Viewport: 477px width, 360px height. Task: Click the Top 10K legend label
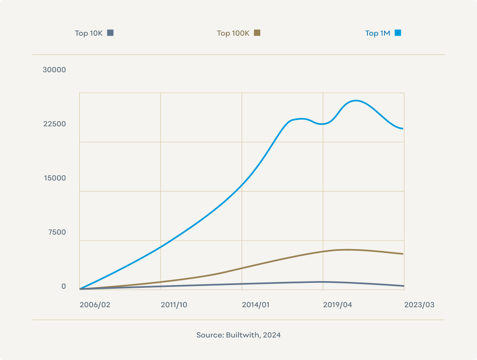point(89,33)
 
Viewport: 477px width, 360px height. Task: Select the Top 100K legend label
point(233,33)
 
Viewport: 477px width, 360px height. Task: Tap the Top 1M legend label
point(377,33)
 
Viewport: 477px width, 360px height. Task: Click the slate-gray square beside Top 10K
point(110,33)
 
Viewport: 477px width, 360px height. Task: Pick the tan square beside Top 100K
point(257,33)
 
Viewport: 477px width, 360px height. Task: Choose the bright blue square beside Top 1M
point(398,33)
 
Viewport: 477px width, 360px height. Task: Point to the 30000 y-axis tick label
point(54,70)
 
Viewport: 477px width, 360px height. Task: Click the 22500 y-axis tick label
point(54,124)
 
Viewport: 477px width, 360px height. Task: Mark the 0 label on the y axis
point(64,286)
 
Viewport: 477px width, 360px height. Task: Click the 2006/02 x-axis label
point(95,305)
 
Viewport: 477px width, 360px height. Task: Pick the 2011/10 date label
point(174,305)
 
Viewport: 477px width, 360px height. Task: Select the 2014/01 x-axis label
point(256,305)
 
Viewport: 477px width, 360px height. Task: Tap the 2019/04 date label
point(337,305)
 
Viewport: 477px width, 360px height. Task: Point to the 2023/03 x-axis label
point(419,305)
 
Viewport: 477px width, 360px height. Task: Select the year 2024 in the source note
point(272,335)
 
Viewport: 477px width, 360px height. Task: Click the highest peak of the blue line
point(356,101)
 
